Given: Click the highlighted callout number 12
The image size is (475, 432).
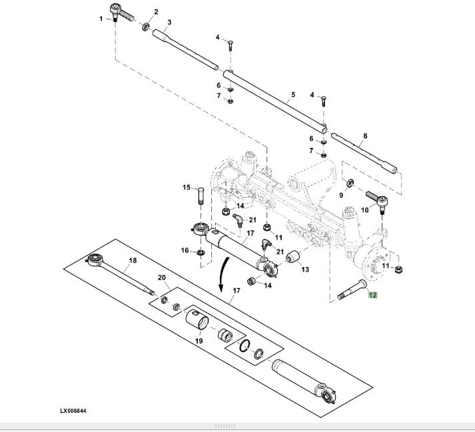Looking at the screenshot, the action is pos(372,295).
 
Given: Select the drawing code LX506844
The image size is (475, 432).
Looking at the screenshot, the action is pos(73,411).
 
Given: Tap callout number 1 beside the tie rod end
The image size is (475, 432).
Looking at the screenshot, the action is pos(101,19).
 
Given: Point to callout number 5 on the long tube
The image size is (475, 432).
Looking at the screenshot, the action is pos(293,95).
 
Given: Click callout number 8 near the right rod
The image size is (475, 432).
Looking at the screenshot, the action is pos(365,136).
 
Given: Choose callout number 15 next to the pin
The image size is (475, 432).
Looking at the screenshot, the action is pos(187,188).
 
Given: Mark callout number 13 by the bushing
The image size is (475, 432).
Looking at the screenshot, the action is pos(305,269).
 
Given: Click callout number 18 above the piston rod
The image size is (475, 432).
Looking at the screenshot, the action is pos(133,260).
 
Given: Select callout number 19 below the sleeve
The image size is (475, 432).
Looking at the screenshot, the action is pos(199,341).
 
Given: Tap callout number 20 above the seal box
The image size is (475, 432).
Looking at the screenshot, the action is pos(162,278).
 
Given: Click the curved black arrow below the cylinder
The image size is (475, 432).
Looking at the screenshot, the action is pos(224,274).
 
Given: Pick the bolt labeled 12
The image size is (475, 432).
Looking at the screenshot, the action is pos(352,290).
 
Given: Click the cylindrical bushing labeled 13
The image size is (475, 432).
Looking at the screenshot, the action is pos(292,257).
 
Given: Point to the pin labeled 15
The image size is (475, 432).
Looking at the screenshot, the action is pos(201,196).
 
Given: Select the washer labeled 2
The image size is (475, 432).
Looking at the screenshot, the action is pos(145,27).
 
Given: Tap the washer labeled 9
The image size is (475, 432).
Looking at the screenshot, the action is pos(350,183).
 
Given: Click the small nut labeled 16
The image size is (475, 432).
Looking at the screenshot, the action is pos(201,252).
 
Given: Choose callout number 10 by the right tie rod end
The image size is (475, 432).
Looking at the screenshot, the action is pos(364,210).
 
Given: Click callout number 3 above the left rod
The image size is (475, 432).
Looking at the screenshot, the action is pos(169,22).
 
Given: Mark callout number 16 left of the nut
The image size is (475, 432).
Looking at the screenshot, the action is pos(185,250).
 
